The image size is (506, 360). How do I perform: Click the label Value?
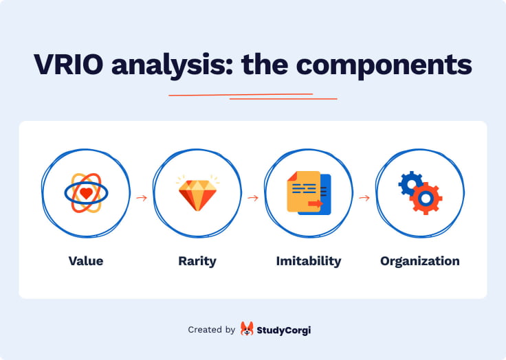[86, 261]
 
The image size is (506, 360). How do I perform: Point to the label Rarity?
[197, 261]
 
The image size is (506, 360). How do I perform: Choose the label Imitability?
[309, 261]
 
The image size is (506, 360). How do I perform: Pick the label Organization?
[420, 261]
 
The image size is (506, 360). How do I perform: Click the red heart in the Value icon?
[86, 194]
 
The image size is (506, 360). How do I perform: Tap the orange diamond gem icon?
[197, 195]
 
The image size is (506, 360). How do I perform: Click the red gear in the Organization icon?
[426, 199]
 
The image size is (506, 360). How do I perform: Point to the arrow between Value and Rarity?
[142, 198]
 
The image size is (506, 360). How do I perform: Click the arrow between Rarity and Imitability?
[253, 198]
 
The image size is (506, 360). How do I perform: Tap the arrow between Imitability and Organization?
[364, 198]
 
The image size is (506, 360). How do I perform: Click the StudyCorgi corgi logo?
[247, 330]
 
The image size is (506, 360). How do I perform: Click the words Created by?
[212, 330]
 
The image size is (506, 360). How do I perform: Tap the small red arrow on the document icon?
[316, 203]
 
